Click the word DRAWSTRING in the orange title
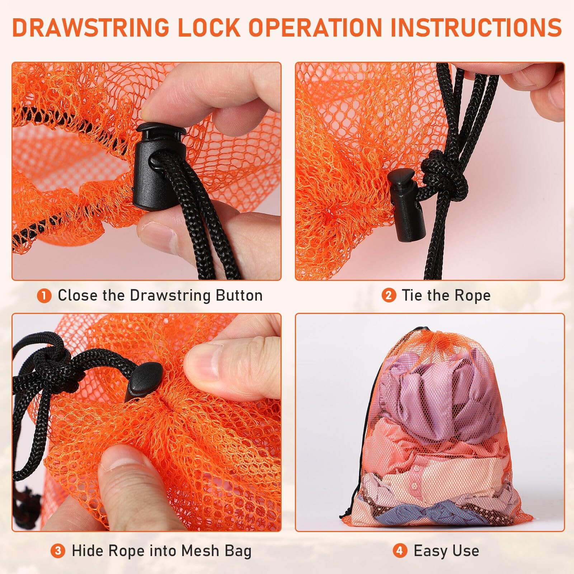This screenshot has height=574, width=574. click(x=91, y=27)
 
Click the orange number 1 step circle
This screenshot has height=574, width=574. click(x=44, y=296)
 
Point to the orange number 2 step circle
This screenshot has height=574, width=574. click(x=389, y=296)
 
